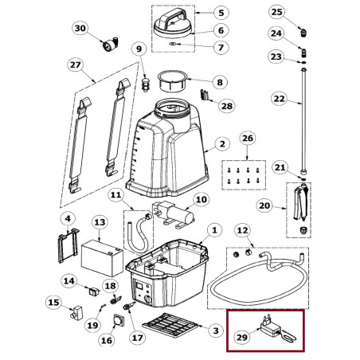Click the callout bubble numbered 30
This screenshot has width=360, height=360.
click(x=80, y=28)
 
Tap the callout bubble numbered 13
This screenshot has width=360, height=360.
click(x=100, y=222)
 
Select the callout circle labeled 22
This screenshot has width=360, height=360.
click(x=280, y=99)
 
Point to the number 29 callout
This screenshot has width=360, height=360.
click(x=242, y=337)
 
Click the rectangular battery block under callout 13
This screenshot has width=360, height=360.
click(x=102, y=257)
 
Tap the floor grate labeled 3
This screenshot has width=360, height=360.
click(x=170, y=324)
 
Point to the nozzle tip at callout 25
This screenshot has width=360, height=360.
click(x=304, y=33)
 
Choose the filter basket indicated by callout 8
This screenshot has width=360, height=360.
click(x=172, y=81)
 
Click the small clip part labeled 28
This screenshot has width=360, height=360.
click(x=204, y=95)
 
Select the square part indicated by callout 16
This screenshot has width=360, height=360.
click(x=119, y=320)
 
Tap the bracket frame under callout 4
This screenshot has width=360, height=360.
click(x=68, y=245)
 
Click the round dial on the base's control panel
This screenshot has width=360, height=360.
click(x=148, y=299)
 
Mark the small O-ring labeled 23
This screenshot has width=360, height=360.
click(x=304, y=63)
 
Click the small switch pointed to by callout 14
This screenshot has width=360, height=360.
click(x=94, y=292)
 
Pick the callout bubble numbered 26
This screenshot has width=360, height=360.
click(x=247, y=139)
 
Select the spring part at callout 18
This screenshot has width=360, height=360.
click(x=115, y=300)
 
